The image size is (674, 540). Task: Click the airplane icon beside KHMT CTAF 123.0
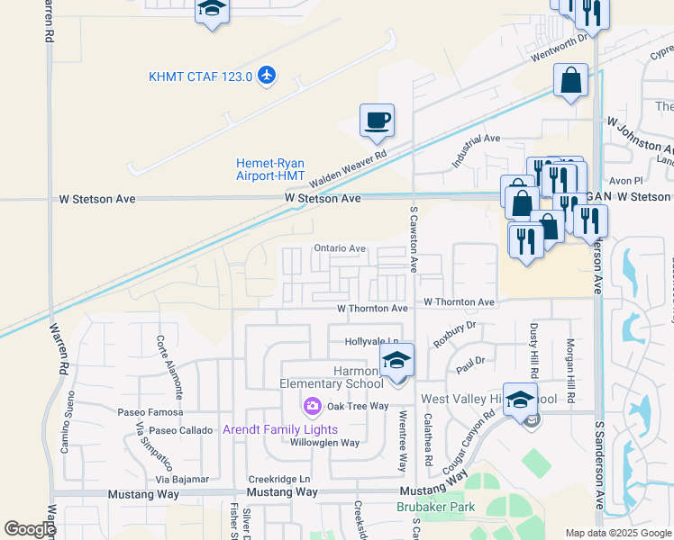(x=266, y=76)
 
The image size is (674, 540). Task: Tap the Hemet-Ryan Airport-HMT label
(x=270, y=169)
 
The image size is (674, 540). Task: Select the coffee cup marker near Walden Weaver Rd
(x=377, y=120)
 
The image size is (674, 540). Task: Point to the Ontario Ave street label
(x=339, y=248)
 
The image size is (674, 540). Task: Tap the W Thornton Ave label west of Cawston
(x=372, y=308)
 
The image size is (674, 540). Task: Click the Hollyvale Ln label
(x=372, y=342)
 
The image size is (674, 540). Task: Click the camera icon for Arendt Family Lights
(x=313, y=408)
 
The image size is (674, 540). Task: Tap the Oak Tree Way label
(x=358, y=406)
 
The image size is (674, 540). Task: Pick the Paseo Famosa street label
(x=144, y=412)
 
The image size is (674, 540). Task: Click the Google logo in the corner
(x=30, y=529)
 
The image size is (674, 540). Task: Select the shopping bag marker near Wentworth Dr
(x=571, y=81)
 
